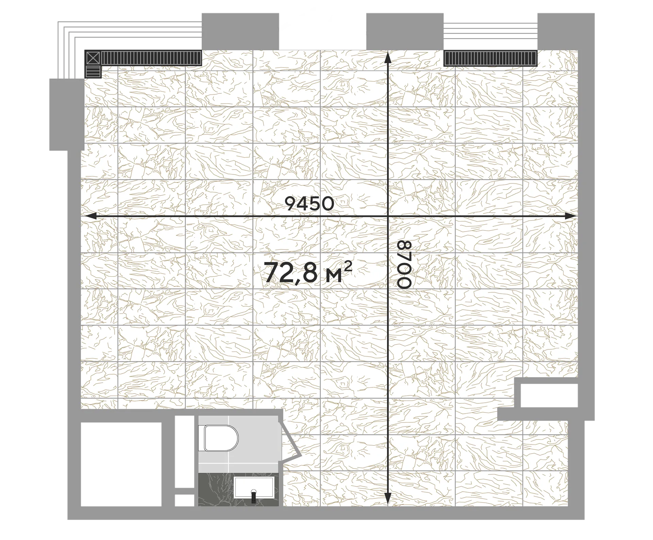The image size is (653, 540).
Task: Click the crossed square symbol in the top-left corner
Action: pyautogui.click(x=93, y=58)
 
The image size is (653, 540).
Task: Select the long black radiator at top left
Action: pyautogui.click(x=151, y=58)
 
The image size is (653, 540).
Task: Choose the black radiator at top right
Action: pyautogui.click(x=490, y=58)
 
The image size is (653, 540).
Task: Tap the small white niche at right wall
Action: pyautogui.click(x=549, y=395)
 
